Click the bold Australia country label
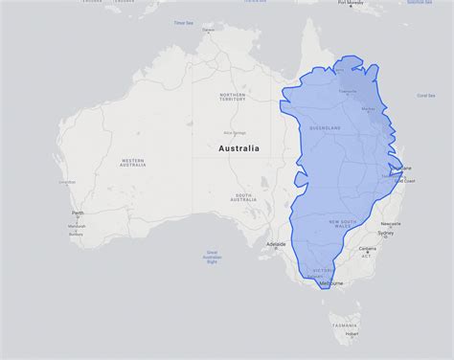[238, 149]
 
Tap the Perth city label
[77, 214]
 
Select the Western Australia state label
[132, 163]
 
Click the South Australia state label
[243, 198]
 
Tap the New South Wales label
[342, 223]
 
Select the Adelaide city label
[276, 244]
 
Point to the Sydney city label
[385, 233]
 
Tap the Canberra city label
[367, 249]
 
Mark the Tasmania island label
[345, 325]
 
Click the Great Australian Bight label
[212, 256]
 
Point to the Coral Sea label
[425, 96]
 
